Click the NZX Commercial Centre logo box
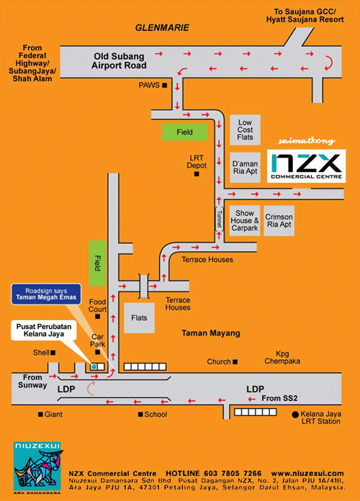(x=306, y=166)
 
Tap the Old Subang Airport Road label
(x=119, y=60)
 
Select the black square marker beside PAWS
(x=165, y=86)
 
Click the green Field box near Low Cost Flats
(x=185, y=132)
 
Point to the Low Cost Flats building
(x=245, y=130)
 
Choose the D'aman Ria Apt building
(x=245, y=168)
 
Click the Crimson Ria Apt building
(x=279, y=221)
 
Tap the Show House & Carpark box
(x=245, y=221)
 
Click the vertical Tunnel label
(x=220, y=219)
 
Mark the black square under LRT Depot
(x=197, y=173)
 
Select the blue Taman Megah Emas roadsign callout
(x=46, y=294)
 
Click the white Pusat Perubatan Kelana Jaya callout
(x=44, y=330)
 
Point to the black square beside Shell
(x=53, y=353)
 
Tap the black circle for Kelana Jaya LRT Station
(x=295, y=415)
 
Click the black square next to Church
(x=235, y=362)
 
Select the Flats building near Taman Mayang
(x=139, y=318)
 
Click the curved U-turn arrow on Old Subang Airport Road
(x=329, y=63)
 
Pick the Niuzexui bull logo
(x=37, y=466)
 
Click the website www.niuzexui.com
(x=307, y=473)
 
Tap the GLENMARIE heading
(x=162, y=28)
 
